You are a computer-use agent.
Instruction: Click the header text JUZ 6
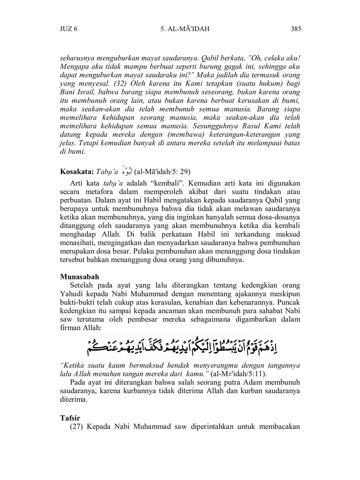[x=68, y=29]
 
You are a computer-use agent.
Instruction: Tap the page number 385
[x=296, y=29]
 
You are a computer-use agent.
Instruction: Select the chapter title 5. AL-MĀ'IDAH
[x=185, y=29]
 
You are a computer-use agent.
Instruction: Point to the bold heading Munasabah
[x=80, y=277]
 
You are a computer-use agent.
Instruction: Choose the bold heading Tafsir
[x=70, y=418]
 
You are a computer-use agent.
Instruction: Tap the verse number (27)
[x=77, y=426]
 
